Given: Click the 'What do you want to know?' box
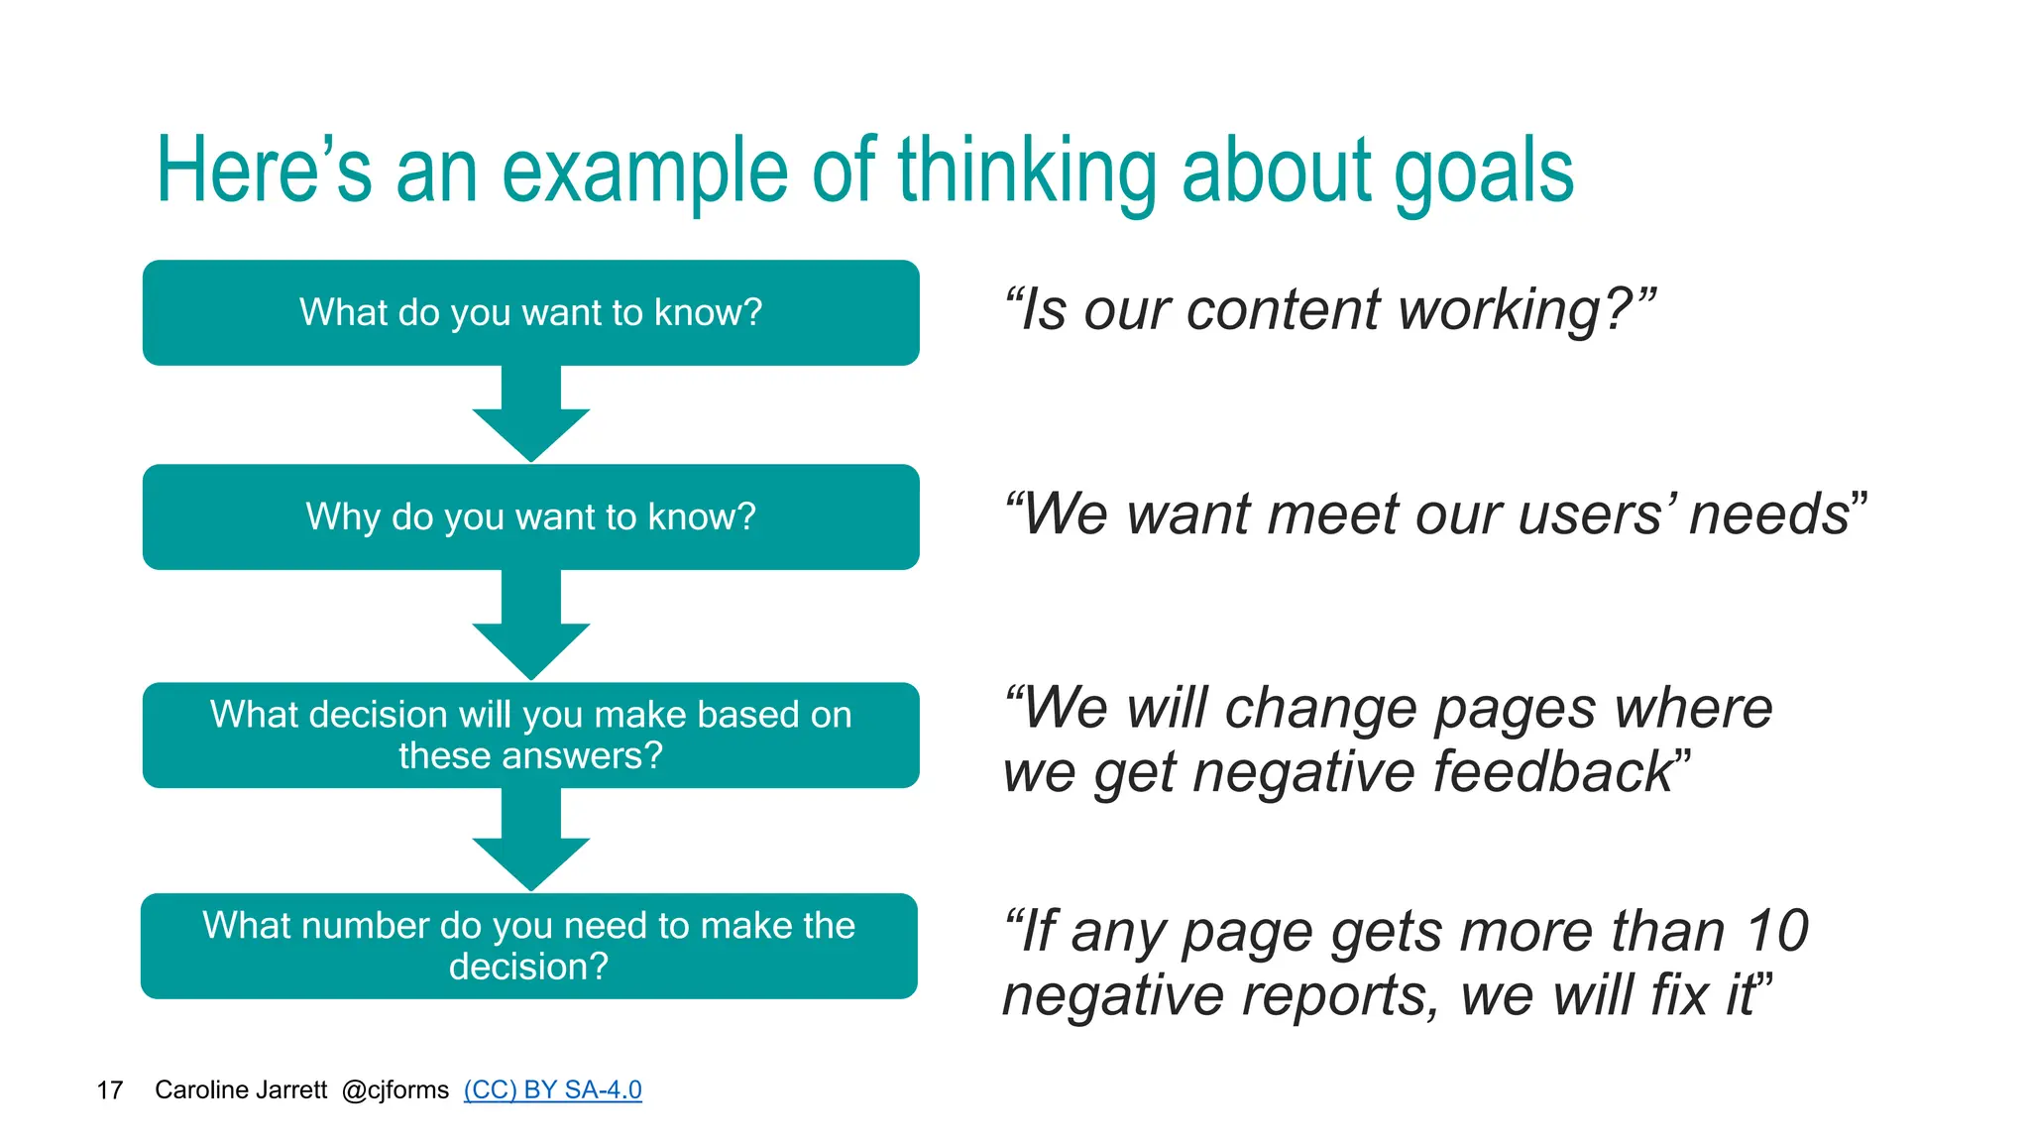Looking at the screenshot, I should coord(530,312).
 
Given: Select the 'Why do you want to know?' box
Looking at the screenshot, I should coord(530,516).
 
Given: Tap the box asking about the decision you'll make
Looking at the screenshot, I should coord(530,735).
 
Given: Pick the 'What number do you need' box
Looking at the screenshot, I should coord(528,946).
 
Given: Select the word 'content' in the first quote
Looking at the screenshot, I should coord(1283,310).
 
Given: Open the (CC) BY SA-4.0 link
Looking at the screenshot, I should coord(552,1089).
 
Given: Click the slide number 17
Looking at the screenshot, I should coord(109,1090).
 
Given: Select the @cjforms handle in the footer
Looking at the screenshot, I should coord(395,1090).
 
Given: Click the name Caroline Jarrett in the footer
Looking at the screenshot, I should coord(241,1090).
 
